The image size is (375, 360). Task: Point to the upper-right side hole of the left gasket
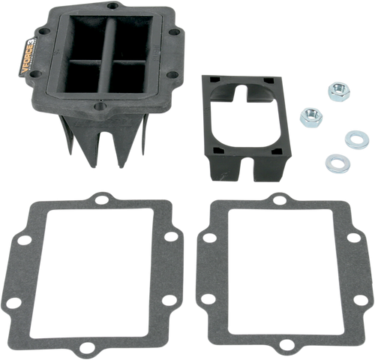tap(172, 237)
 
